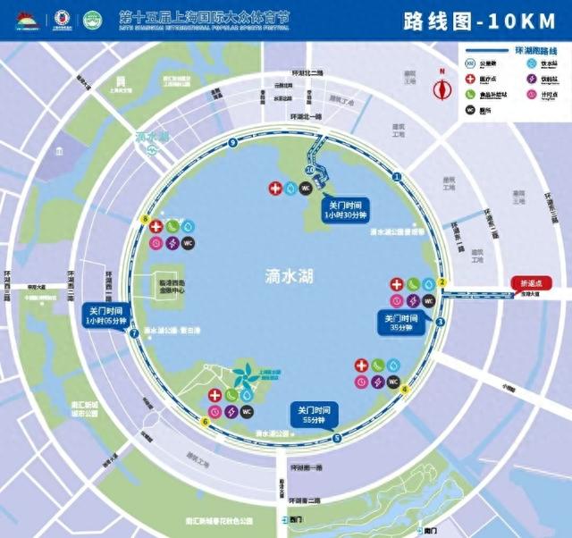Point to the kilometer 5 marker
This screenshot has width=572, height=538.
pyautogui.click(x=336, y=438)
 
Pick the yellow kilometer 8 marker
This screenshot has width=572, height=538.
pyautogui.click(x=145, y=220)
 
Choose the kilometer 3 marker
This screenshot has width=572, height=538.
pyautogui.click(x=440, y=322)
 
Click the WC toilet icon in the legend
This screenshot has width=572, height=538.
pyautogui.click(x=470, y=110)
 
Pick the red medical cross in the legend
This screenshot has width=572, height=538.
pyautogui.click(x=470, y=79)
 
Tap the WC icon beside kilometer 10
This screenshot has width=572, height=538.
pyautogui.click(x=306, y=189)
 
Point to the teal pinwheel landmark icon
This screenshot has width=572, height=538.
pyautogui.click(x=244, y=378)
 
